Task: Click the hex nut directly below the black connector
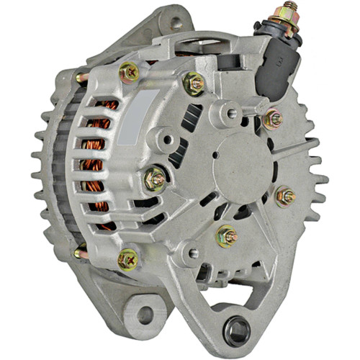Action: click(273, 119)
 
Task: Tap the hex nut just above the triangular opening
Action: click(227, 235)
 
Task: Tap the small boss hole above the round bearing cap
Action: click(231, 112)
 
